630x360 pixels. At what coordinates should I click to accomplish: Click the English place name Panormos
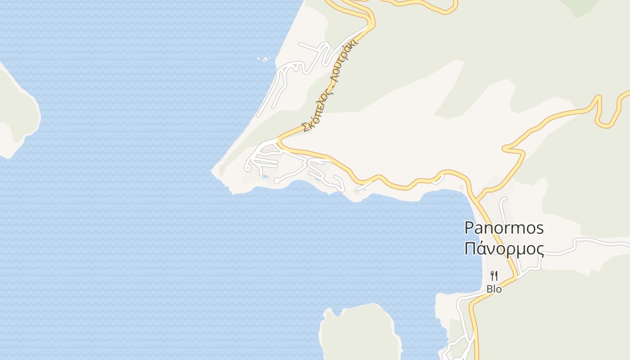click(504, 228)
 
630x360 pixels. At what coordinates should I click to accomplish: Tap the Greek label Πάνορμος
click(504, 249)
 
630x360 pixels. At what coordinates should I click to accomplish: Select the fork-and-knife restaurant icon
click(494, 275)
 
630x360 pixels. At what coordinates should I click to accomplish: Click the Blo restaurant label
click(494, 289)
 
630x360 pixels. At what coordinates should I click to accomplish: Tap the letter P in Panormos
click(469, 228)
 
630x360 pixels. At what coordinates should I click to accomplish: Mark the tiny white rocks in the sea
click(264, 59)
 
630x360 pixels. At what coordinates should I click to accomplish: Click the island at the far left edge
click(16, 112)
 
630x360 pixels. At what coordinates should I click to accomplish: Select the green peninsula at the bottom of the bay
click(360, 333)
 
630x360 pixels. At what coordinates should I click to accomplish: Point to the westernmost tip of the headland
click(213, 171)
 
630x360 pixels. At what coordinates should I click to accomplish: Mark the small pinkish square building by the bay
click(461, 187)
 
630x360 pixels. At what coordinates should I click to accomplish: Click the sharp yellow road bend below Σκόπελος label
click(279, 140)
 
